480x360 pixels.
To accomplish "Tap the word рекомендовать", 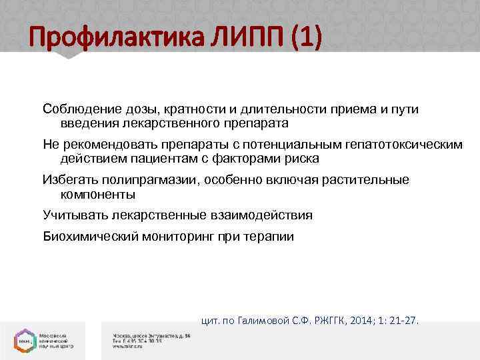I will [109, 145].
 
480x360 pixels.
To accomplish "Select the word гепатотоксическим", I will [400, 145].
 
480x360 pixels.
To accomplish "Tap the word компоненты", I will [98, 195].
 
